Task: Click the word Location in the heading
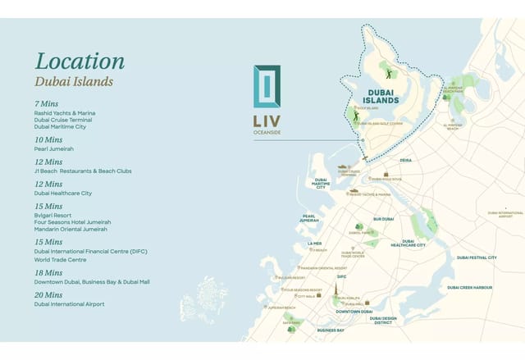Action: click(x=80, y=61)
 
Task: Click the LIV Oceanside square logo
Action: click(x=267, y=86)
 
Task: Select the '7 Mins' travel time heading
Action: click(x=48, y=104)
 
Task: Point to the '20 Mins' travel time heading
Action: click(x=48, y=294)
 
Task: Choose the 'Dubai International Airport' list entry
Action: click(x=69, y=304)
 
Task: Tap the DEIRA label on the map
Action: click(x=405, y=162)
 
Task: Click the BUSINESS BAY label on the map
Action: click(x=331, y=330)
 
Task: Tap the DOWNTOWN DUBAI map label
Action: click(x=354, y=312)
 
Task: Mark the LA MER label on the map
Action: click(x=314, y=243)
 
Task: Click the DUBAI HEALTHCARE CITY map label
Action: click(x=408, y=243)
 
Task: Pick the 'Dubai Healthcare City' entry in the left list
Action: click(x=63, y=194)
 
